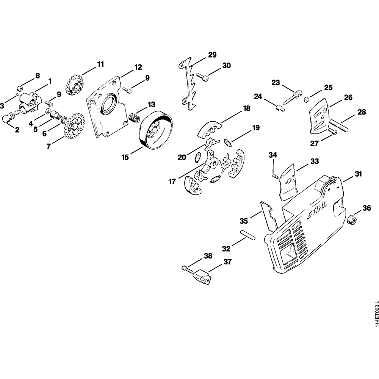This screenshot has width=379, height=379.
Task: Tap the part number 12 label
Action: coord(138,67)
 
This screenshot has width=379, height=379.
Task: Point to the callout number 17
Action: coord(172,182)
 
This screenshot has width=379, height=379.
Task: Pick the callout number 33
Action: coord(314,161)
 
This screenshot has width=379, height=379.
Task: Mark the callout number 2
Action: coord(17,130)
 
